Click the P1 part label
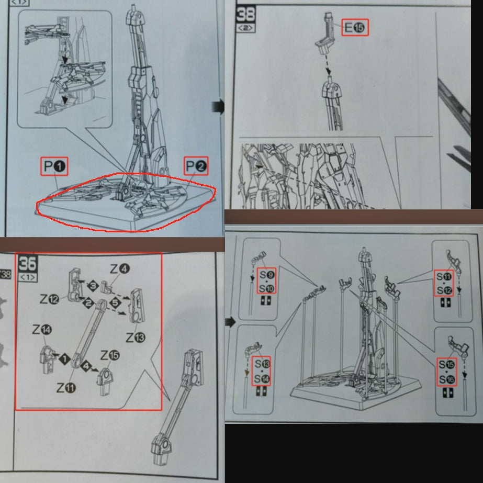pyautogui.click(x=54, y=166)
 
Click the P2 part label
pyautogui.click(x=196, y=166)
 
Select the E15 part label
pyautogui.click(x=355, y=28)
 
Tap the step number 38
pyautogui.click(x=246, y=14)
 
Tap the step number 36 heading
pyautogui.click(x=27, y=263)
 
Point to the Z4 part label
pyautogui.click(x=120, y=269)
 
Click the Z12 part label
pyautogui.click(x=49, y=299)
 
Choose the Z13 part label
pyautogui.click(x=136, y=338)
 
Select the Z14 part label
pyautogui.click(x=42, y=330)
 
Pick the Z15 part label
pyautogui.click(x=110, y=355)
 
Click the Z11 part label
pyautogui.click(x=66, y=388)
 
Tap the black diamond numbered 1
pyautogui.click(x=64, y=359)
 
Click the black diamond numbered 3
pyautogui.click(x=93, y=286)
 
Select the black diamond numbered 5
pyautogui.click(x=115, y=303)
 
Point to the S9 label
pyautogui.click(x=267, y=275)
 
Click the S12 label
pyautogui.click(x=444, y=290)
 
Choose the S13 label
pyautogui.click(x=262, y=364)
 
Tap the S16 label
pyautogui.click(x=447, y=379)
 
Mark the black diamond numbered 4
pyautogui.click(x=86, y=366)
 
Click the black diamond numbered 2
pyautogui.click(x=88, y=303)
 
